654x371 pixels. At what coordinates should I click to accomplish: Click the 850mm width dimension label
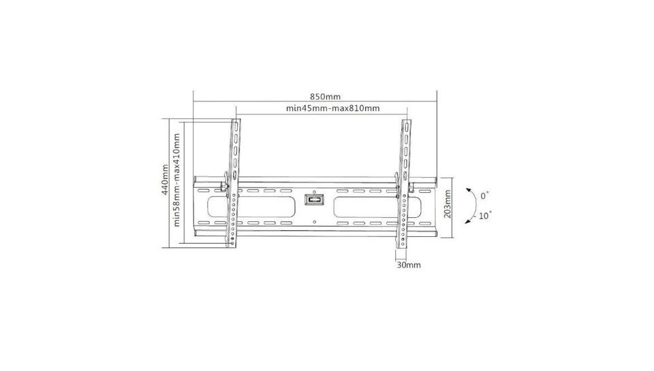325,97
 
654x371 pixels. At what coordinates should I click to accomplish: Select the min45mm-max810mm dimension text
333,108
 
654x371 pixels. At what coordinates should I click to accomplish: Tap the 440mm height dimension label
165,180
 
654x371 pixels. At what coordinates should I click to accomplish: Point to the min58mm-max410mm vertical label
177,180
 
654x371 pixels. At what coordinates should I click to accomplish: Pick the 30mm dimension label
408,265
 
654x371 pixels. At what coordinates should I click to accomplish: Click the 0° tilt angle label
484,195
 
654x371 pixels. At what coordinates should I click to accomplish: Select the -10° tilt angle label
482,216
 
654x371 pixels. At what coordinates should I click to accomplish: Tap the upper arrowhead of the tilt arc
469,190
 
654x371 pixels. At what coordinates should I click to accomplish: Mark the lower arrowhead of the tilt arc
468,222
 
